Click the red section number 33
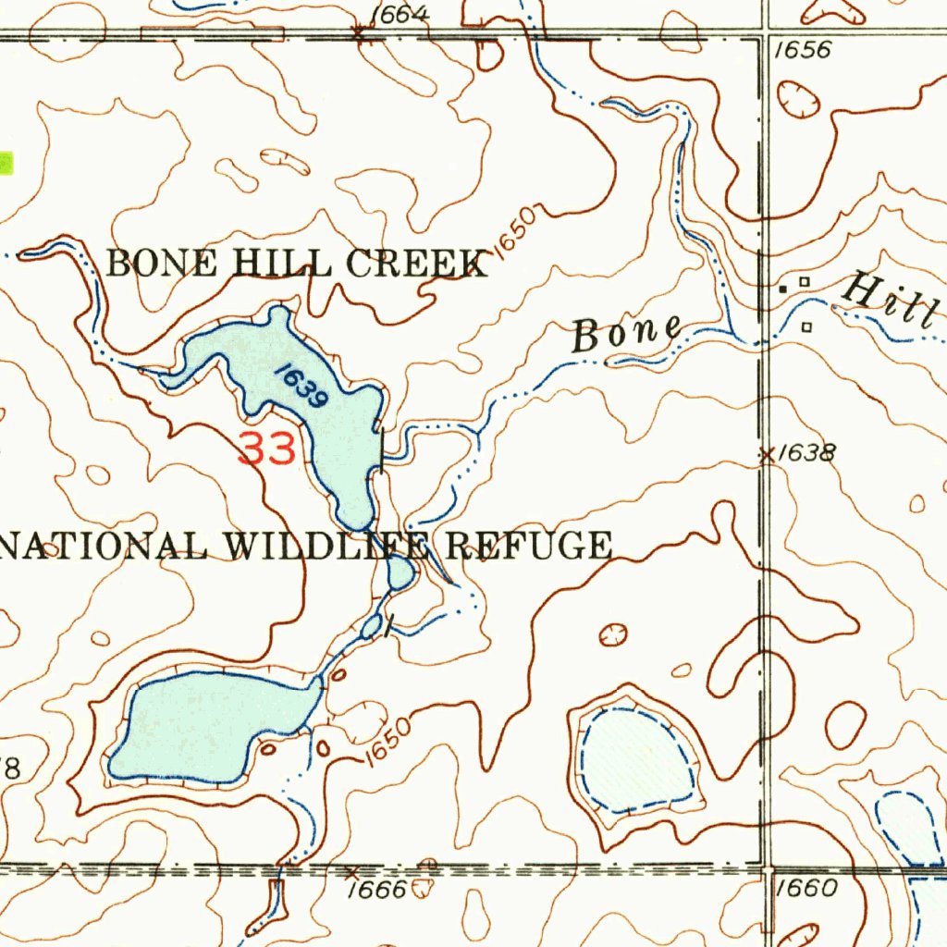(x=268, y=449)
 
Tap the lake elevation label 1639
(x=300, y=387)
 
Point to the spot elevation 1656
(x=802, y=50)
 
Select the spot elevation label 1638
(x=806, y=453)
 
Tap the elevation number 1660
(x=807, y=889)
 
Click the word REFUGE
(x=529, y=546)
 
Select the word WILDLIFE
(x=328, y=547)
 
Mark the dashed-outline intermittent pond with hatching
(x=637, y=756)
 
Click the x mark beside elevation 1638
(x=766, y=454)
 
